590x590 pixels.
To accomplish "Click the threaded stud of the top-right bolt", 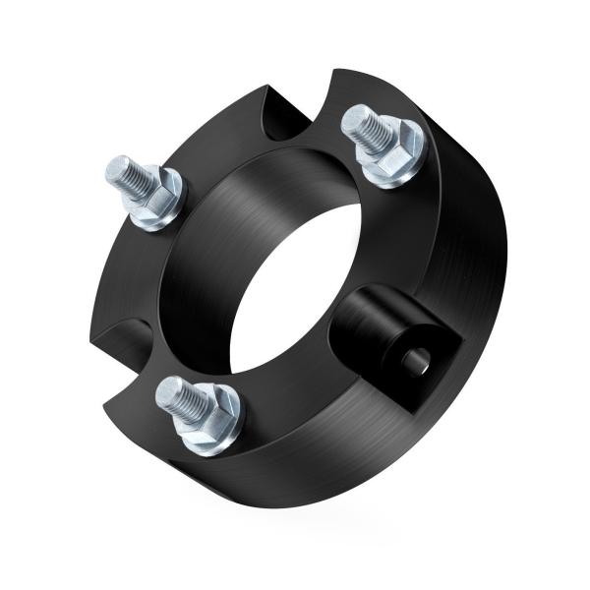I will click(x=365, y=130).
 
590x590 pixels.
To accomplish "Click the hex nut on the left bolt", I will click(x=156, y=196).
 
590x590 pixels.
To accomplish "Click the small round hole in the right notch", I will click(x=415, y=362).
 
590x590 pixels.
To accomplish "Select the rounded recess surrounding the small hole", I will click(x=379, y=329).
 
